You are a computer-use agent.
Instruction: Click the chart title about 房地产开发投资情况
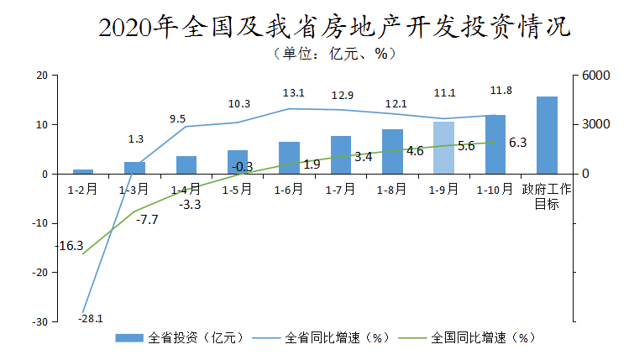point(334,28)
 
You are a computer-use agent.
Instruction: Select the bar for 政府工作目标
point(547,135)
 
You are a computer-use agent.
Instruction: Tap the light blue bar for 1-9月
point(443,148)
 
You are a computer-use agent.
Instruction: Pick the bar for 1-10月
point(495,144)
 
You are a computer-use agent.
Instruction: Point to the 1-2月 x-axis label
point(83,189)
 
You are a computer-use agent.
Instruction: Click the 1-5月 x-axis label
point(238,189)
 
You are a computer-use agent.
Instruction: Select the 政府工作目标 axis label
point(547,196)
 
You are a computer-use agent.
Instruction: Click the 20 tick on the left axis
point(40,76)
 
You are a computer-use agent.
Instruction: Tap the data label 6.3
point(517,143)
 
